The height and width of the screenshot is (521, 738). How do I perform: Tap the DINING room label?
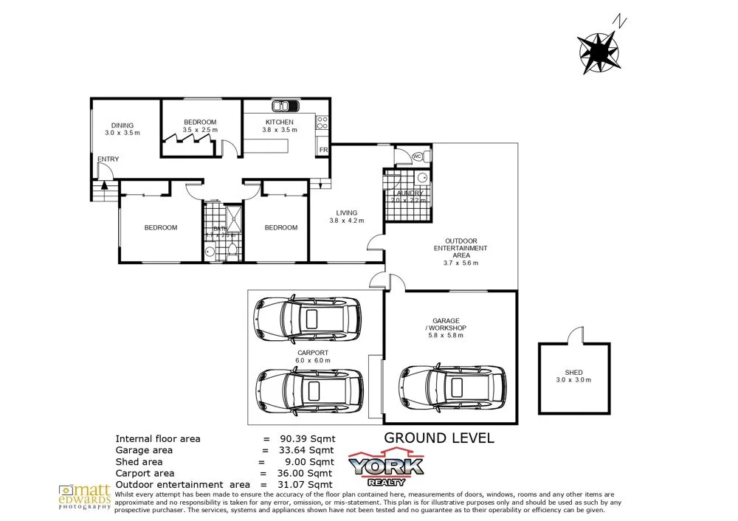click(x=123, y=125)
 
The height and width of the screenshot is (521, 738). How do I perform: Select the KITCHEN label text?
click(x=280, y=122)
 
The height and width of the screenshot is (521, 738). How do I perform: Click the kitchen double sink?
click(x=284, y=105)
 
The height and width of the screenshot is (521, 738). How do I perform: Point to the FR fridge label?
click(x=323, y=150)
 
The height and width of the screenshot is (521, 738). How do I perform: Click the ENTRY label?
click(x=108, y=159)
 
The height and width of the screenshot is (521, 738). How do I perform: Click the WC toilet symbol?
click(x=416, y=156)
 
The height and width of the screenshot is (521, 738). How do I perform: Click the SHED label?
click(x=573, y=372)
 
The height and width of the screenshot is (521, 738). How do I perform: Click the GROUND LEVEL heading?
click(x=439, y=438)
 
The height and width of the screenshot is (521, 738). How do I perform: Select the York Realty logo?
click(x=386, y=466)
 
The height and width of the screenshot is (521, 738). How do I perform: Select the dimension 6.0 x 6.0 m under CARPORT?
click(x=313, y=360)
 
